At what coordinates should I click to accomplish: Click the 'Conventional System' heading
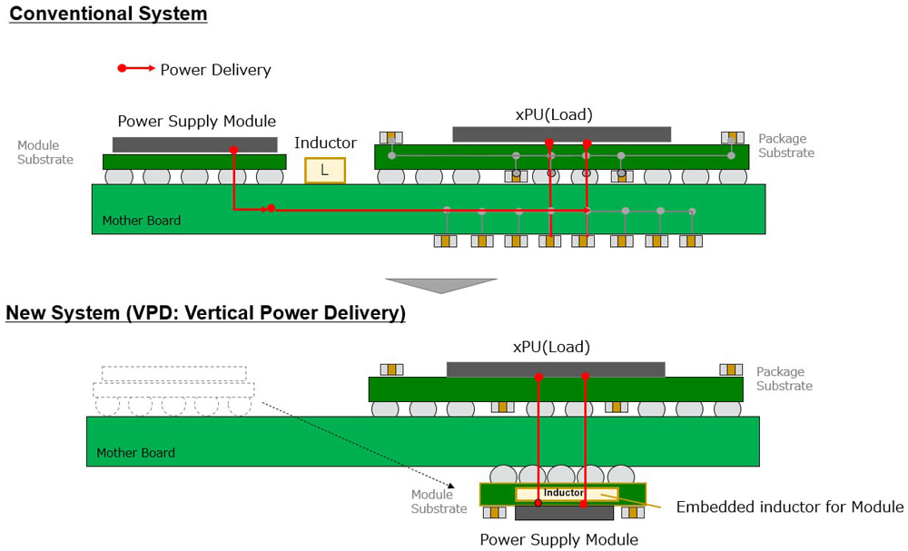coord(108,15)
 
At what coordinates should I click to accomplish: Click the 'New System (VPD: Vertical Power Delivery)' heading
coord(205,314)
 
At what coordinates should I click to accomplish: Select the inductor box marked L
coord(324,170)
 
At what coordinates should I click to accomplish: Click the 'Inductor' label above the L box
coord(325,143)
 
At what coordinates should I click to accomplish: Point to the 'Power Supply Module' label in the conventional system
coord(196,122)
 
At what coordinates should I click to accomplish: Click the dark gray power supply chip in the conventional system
coord(194,144)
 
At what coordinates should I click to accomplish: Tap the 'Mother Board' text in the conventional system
coord(141,221)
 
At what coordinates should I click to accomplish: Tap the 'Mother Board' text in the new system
coord(135,453)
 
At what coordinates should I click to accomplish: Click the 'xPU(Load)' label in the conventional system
coord(553,114)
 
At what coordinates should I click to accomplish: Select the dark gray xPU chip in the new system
coord(556,369)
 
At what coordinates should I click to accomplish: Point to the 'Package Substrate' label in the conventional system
coord(786,146)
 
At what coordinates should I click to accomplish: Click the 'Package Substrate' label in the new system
coord(785,379)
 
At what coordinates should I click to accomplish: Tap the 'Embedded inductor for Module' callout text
coord(790,507)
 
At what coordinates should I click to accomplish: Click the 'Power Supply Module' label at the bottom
coord(558,540)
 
